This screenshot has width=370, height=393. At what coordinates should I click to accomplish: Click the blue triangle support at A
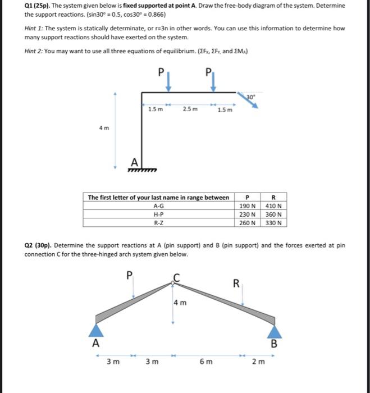click(x=98, y=330)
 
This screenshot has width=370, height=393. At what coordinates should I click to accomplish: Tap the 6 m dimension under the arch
click(x=206, y=362)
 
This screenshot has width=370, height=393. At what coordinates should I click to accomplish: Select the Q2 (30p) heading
click(x=39, y=245)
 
